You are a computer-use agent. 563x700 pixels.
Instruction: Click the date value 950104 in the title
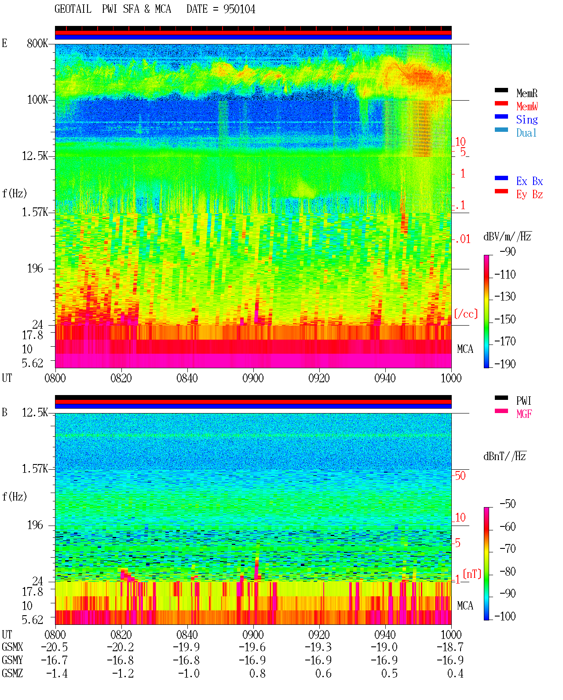(239, 9)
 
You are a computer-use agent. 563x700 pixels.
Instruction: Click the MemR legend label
(526, 93)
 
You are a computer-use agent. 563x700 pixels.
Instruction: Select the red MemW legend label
(527, 106)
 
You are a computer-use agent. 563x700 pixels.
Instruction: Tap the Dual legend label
(526, 133)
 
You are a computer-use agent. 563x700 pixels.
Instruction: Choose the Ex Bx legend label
(530, 181)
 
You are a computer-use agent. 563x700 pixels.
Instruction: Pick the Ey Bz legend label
(530, 195)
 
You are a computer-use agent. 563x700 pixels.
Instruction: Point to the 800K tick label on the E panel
(37, 43)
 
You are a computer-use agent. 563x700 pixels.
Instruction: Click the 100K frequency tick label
(37, 100)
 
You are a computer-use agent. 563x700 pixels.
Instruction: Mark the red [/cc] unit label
(466, 314)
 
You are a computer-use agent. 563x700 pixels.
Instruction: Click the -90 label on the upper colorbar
(508, 251)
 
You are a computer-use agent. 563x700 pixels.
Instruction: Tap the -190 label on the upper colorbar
(505, 364)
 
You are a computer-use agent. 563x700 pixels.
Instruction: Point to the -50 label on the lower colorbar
(508, 504)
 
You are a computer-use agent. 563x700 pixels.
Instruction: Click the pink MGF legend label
(524, 414)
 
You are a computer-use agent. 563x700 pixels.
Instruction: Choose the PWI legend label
(523, 401)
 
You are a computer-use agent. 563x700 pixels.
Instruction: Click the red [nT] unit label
(472, 574)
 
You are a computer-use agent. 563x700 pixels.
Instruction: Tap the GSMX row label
(12, 647)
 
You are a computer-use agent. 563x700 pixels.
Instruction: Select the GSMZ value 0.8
(257, 673)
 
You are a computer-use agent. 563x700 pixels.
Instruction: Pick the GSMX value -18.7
(450, 647)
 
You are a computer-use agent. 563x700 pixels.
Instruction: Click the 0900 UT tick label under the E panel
(253, 378)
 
